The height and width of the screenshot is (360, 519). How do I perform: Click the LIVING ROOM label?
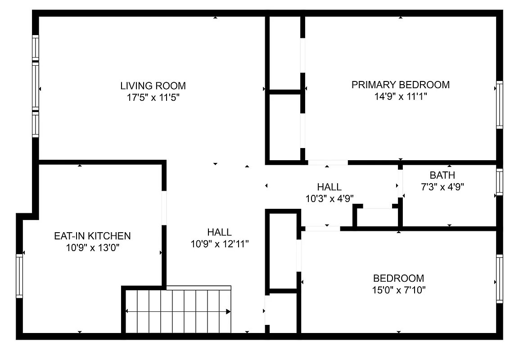click(x=153, y=85)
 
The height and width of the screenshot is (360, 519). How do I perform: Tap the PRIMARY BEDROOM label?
click(x=400, y=85)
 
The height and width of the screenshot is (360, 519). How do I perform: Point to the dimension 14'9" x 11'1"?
click(x=400, y=96)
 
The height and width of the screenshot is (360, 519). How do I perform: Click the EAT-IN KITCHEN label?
click(x=92, y=236)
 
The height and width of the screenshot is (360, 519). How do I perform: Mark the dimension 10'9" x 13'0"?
click(x=92, y=247)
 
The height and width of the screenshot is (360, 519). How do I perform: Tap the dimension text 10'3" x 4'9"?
click(x=329, y=198)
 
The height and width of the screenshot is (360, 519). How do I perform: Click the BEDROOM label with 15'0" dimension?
click(x=398, y=278)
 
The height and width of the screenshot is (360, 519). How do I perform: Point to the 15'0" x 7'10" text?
click(x=398, y=289)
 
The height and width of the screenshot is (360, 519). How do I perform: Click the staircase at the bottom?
click(x=178, y=311)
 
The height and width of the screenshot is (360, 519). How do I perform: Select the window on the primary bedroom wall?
click(x=499, y=104)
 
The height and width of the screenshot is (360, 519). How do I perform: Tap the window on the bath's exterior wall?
click(x=499, y=182)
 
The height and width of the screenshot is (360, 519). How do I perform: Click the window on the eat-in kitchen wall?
click(x=19, y=275)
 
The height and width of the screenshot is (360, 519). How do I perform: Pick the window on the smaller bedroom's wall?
click(x=499, y=279)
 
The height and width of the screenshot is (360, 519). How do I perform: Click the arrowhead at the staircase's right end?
click(x=228, y=311)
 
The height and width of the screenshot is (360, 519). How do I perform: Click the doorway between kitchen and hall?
click(x=164, y=208)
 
